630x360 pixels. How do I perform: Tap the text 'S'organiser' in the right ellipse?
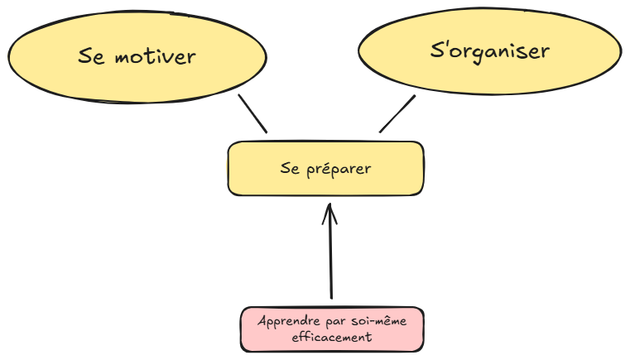(490, 51)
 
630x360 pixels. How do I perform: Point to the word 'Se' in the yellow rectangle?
(289, 169)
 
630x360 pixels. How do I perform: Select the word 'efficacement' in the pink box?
(332, 337)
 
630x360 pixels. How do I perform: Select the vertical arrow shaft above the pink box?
(330, 257)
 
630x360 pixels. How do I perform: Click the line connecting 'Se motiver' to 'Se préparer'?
(252, 113)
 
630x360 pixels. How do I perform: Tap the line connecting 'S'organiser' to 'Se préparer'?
(397, 113)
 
